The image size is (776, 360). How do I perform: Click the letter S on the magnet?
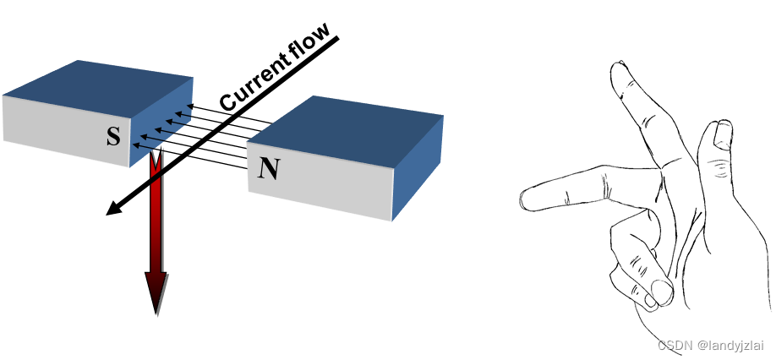point(113,135)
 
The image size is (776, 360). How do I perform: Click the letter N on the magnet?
point(268,170)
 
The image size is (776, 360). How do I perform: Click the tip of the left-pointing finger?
point(527,199)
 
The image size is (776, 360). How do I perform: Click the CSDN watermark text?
point(675,345)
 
